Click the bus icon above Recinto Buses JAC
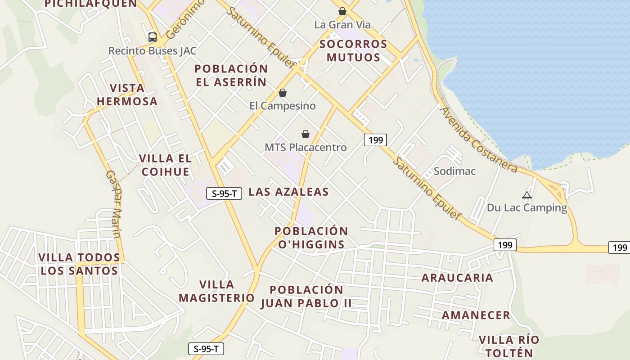tap(153, 37)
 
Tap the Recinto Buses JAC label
tap(152, 51)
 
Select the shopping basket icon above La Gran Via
tap(342, 11)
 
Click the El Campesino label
tap(283, 106)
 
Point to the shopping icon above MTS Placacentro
tap(306, 134)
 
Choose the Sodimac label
tap(454, 171)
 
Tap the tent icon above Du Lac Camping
tap(527, 195)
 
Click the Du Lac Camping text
tap(527, 208)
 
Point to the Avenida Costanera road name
tap(479, 139)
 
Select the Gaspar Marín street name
tap(113, 203)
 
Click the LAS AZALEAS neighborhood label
tap(288, 192)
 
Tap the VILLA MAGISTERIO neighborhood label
tap(216, 291)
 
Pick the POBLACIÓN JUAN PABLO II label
tap(306, 296)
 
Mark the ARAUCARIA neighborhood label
tap(457, 278)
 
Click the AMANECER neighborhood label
tap(476, 315)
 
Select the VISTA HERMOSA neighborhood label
tap(127, 94)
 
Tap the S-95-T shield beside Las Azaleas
tap(224, 193)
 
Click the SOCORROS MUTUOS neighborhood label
tap(353, 50)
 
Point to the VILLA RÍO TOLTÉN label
tap(508, 346)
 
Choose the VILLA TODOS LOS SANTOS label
tap(79, 264)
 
